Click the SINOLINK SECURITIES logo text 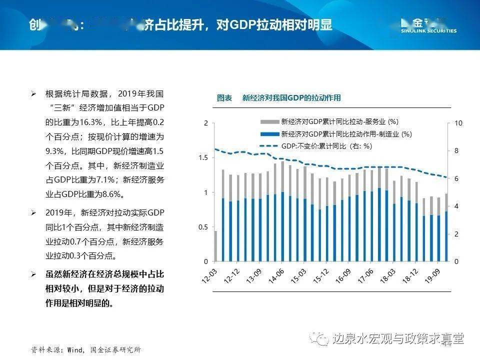(x=428, y=30)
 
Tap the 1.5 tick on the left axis (x=202, y=157)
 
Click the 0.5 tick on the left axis (x=202, y=227)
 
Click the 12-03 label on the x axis (x=209, y=274)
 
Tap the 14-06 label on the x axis (x=276, y=274)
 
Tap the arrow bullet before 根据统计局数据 (x=33, y=94)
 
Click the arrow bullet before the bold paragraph (x=33, y=275)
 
